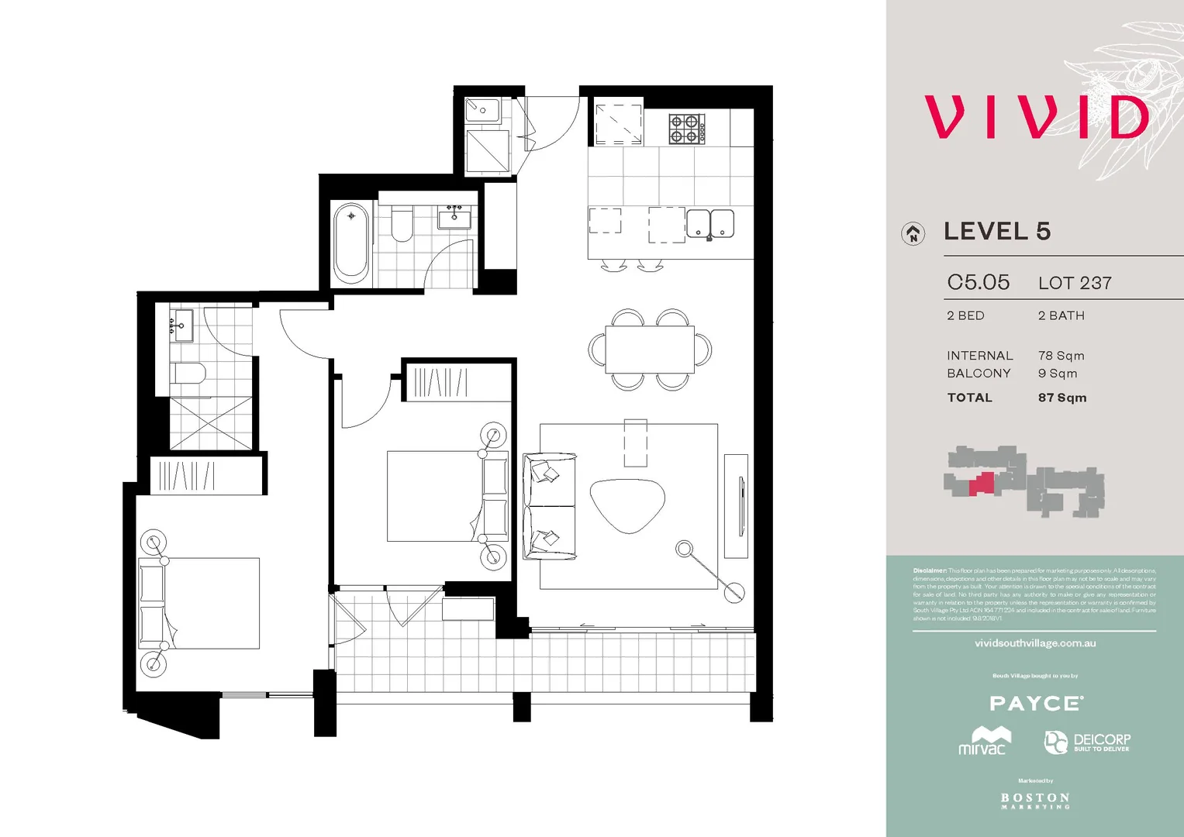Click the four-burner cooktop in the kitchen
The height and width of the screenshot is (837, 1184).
[687, 129]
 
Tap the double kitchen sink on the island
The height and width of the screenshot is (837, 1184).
[710, 224]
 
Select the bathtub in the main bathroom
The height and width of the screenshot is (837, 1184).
[350, 243]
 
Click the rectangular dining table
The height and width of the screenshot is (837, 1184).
[650, 350]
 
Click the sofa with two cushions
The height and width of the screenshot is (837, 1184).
[549, 506]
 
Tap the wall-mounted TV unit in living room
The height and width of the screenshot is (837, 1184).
[737, 505]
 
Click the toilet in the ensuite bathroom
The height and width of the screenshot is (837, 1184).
[188, 374]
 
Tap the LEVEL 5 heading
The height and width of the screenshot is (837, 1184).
[996, 231]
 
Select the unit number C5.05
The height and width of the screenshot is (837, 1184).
[978, 282]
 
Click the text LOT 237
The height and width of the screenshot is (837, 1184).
[1075, 283]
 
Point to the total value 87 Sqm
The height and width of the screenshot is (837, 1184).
[1062, 398]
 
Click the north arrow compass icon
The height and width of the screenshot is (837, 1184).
[913, 233]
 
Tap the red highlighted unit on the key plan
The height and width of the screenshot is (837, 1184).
[982, 484]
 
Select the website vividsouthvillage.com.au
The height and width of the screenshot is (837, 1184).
[1034, 643]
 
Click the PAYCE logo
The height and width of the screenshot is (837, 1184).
[1035, 704]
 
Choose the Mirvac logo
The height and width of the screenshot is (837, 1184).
[983, 741]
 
